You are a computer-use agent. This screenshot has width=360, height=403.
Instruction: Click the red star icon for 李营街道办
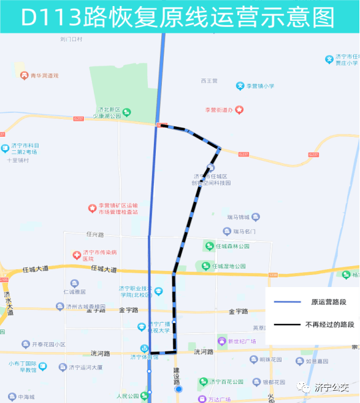point(239,110)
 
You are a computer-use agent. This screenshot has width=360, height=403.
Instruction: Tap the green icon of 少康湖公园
point(126,112)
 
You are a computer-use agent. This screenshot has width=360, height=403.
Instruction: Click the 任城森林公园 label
point(231,246)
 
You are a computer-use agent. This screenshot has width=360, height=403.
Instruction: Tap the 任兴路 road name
point(96,234)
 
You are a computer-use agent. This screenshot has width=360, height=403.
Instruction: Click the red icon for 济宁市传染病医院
point(77,253)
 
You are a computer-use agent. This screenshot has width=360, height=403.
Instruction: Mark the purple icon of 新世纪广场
point(222,341)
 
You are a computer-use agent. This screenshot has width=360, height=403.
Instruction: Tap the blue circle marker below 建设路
point(178,389)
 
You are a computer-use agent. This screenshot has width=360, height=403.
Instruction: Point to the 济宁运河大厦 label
point(80,367)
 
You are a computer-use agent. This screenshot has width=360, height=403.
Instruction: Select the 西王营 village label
point(209,80)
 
